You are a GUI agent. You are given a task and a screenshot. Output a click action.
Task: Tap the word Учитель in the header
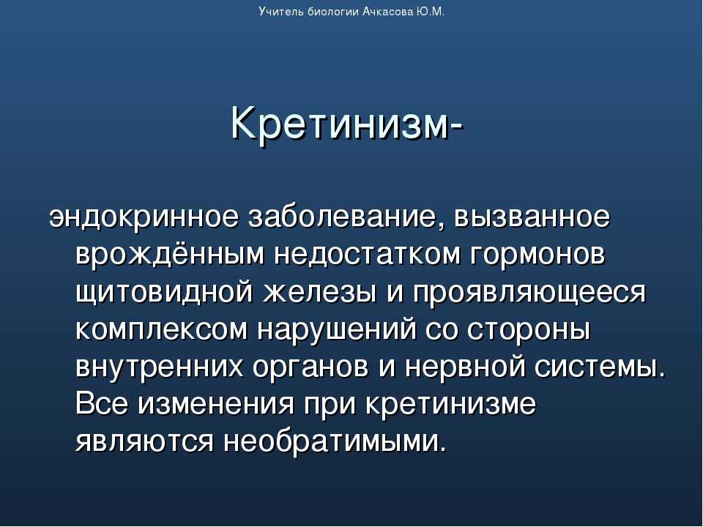pos(282,12)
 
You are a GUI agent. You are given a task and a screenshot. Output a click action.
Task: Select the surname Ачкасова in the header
pos(387,12)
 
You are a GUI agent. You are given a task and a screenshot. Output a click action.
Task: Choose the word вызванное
pos(532,218)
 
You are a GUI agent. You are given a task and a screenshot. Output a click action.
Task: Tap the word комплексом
pos(161,331)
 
